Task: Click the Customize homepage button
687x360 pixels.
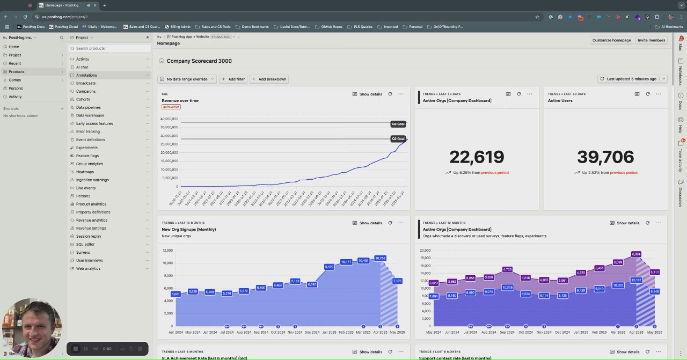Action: [611, 40]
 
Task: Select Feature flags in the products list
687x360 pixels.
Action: [87, 156]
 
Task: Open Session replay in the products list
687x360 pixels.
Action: [89, 236]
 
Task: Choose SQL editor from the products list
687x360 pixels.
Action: [85, 244]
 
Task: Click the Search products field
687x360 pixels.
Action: [110, 48]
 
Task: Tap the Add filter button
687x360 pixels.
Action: [233, 79]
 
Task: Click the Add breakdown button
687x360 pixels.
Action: [269, 79]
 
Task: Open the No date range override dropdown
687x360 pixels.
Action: [187, 79]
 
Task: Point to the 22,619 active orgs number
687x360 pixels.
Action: [477, 157]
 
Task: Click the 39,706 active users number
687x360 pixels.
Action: [605, 157]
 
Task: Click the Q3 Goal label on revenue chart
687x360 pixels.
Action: [398, 124]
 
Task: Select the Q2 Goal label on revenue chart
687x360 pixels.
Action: [398, 138]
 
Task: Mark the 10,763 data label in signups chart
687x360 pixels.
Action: [380, 258]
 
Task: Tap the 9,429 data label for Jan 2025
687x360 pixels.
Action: [329, 267]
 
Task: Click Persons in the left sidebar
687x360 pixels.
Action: [16, 88]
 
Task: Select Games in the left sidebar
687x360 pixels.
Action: [15, 80]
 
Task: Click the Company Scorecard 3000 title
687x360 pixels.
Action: [199, 61]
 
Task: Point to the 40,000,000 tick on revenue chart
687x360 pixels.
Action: [169, 119]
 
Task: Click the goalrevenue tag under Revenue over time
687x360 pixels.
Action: [171, 107]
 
